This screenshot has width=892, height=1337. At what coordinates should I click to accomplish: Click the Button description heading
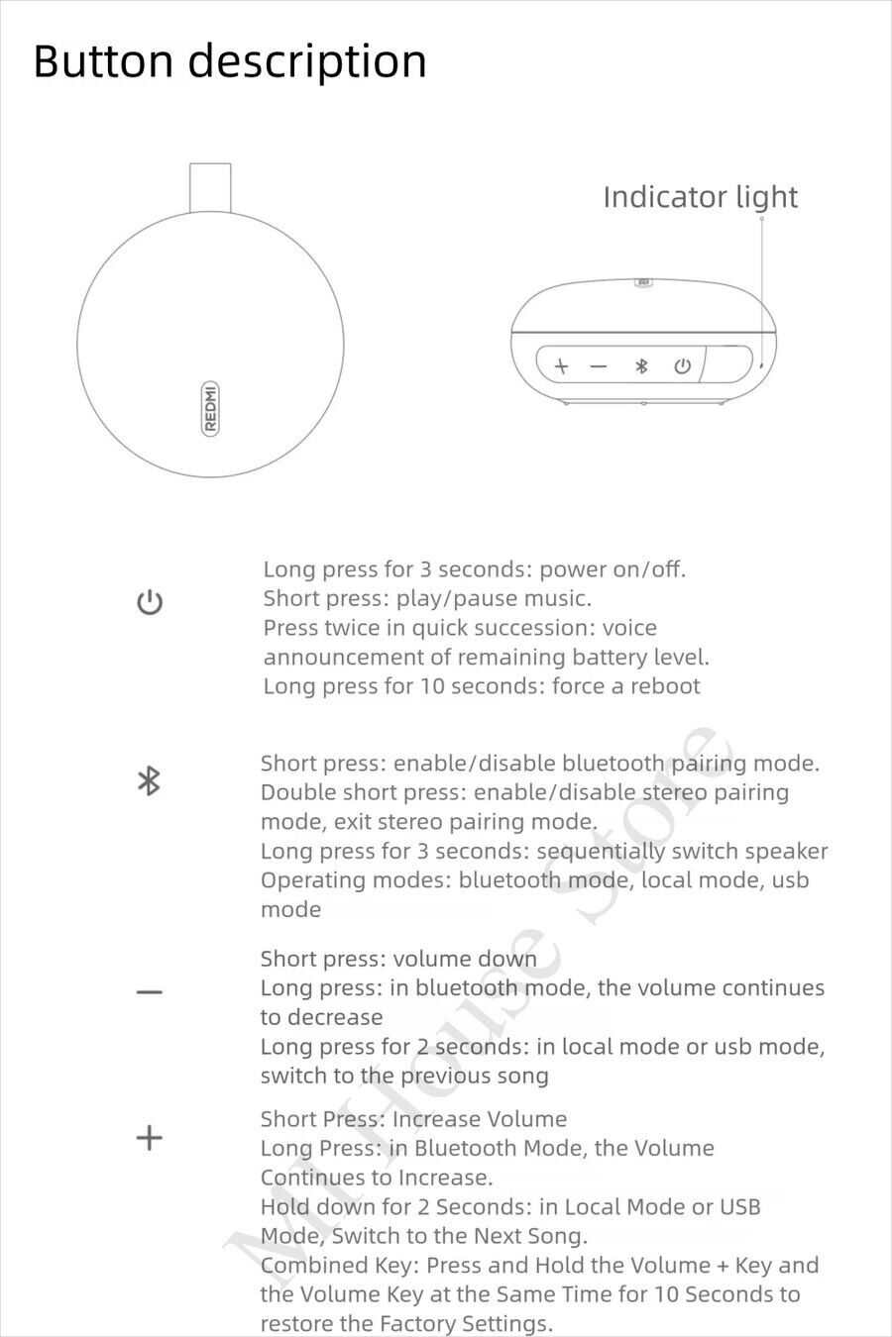230,61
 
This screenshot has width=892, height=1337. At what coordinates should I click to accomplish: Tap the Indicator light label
700,197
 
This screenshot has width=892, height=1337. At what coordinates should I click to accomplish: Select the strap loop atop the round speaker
210,187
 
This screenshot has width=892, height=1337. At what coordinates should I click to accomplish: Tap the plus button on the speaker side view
561,366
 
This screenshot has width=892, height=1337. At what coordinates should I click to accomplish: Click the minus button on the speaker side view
598,366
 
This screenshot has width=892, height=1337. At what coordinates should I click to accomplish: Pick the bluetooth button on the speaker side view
641,366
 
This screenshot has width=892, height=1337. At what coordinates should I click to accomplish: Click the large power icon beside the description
150,602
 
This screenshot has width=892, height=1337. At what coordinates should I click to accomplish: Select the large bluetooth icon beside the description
149,781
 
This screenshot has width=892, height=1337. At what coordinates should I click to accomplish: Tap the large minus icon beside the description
150,991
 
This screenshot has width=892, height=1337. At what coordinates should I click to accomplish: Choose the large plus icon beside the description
149,1137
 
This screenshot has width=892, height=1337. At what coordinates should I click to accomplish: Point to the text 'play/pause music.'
494,598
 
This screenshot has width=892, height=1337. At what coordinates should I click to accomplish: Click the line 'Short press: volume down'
398,959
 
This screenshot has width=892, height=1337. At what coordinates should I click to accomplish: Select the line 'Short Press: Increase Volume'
413,1119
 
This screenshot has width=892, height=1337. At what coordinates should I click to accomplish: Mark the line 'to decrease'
321,1017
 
